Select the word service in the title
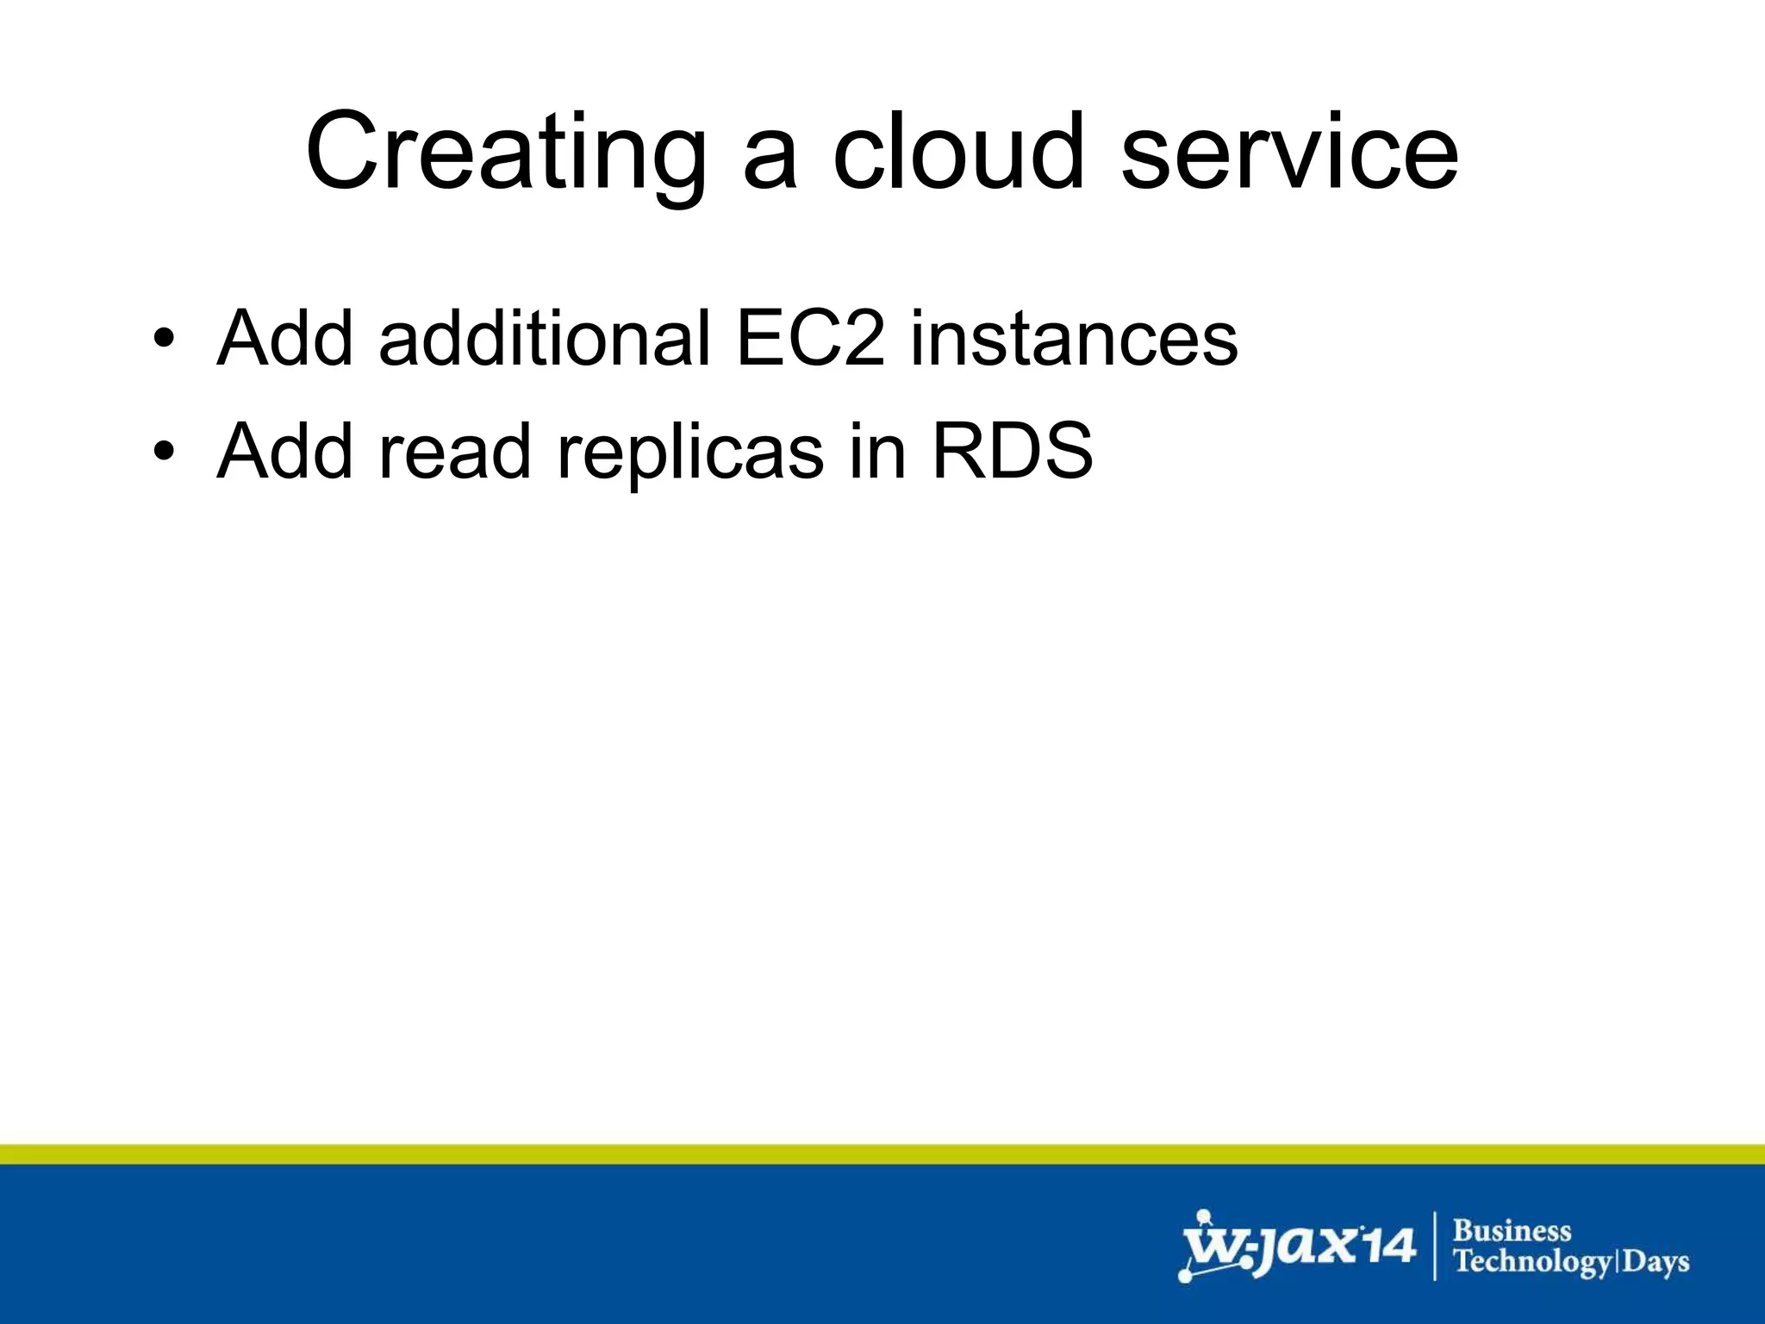point(1289,153)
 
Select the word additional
point(544,338)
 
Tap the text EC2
point(810,338)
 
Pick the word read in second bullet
point(454,452)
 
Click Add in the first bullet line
point(285,338)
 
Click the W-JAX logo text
point(1267,1246)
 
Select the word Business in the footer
point(1512,1230)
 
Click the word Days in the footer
point(1657,1263)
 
